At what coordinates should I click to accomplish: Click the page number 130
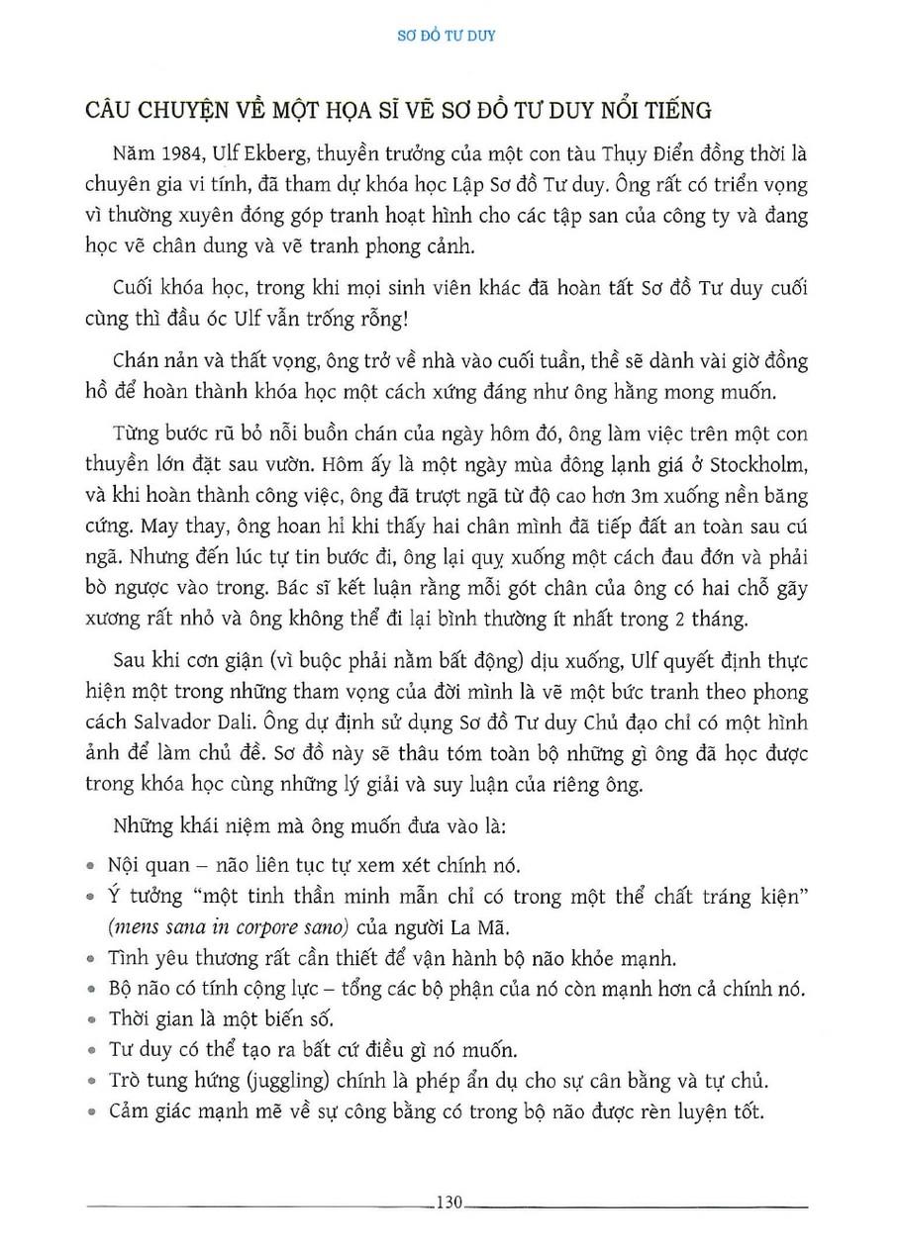point(449,1204)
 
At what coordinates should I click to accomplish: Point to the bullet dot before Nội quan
point(91,866)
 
